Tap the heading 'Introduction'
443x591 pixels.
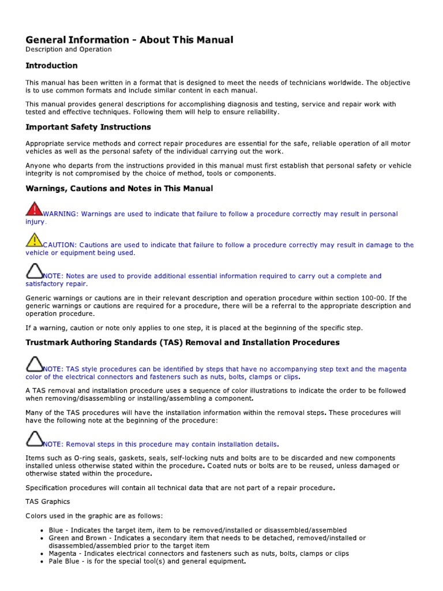pos(51,66)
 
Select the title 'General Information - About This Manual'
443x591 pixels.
pos(129,40)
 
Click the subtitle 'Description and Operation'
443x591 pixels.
pos(68,50)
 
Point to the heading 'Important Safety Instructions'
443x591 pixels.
pos(88,127)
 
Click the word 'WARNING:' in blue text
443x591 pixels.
pos(61,214)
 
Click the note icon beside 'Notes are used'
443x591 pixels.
pos(35,271)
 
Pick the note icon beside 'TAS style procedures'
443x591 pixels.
pos(35,364)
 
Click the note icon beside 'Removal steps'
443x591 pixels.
pos(35,439)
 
